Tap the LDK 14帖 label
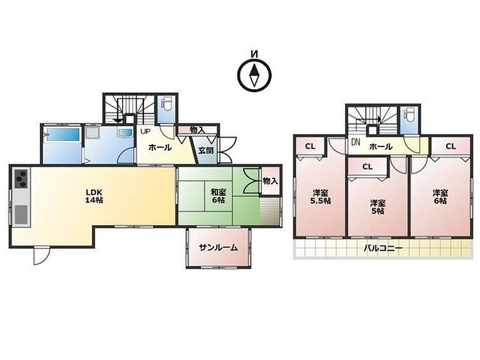[x=94, y=196]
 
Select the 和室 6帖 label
[x=218, y=196]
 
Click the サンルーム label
[x=218, y=247]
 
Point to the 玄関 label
[x=206, y=150]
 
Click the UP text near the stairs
[x=145, y=131]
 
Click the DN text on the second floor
[x=356, y=142]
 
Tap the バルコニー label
[x=382, y=248]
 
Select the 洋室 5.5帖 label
[x=321, y=197]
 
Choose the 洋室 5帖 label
[x=377, y=207]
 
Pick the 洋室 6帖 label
[x=440, y=197]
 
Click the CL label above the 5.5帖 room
[x=310, y=146]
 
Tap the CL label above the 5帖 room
[x=367, y=166]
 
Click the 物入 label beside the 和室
[x=270, y=181]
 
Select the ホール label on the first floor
[x=160, y=148]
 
